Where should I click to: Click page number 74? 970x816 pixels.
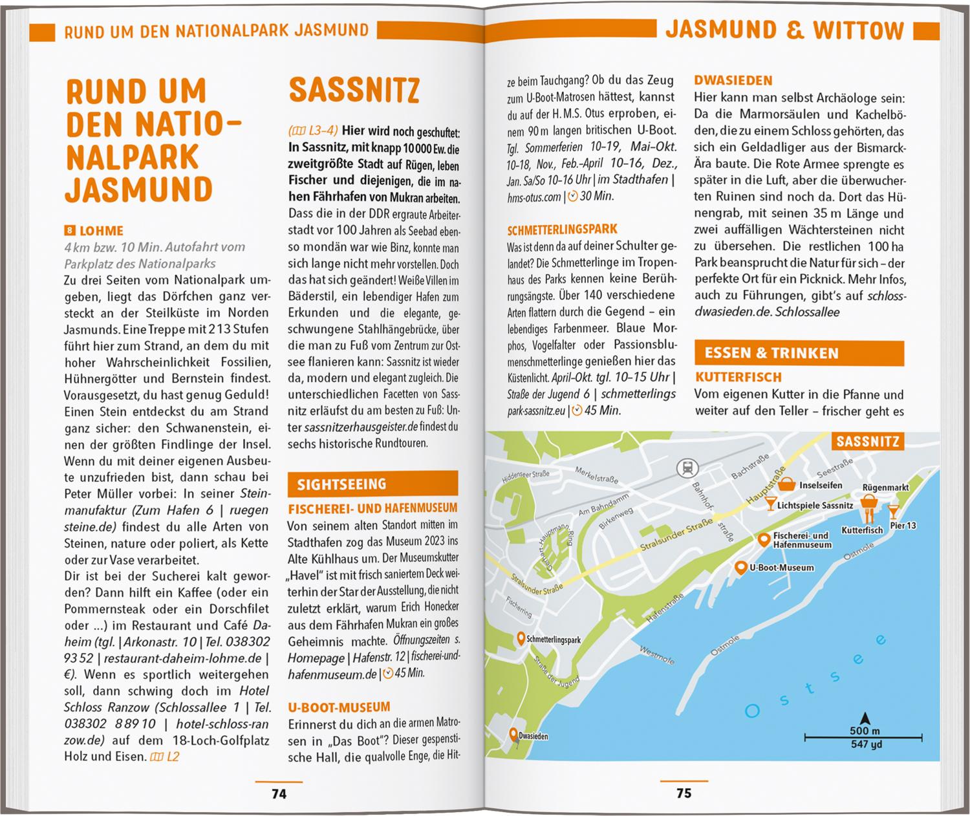coord(279,793)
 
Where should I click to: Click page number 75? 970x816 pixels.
coord(684,793)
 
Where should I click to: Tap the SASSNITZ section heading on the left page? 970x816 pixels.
coord(354,91)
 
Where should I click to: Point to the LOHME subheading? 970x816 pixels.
coord(102,231)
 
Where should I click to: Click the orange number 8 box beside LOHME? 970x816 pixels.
coord(70,231)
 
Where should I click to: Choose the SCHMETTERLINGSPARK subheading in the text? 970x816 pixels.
coord(562,230)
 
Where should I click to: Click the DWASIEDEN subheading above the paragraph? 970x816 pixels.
coord(733,81)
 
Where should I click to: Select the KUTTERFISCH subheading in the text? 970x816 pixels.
coord(738,377)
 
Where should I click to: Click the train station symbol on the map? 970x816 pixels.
coord(684,467)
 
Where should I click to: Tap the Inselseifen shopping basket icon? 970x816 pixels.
coord(786,484)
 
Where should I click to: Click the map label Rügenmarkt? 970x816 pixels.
coord(885,488)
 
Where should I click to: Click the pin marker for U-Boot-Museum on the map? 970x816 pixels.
coord(741,567)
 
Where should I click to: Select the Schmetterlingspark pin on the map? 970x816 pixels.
coord(521,639)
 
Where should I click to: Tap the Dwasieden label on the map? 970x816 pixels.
coord(533,736)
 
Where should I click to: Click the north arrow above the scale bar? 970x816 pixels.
coord(865,718)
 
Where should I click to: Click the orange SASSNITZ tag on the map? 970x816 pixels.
coord(867,442)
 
